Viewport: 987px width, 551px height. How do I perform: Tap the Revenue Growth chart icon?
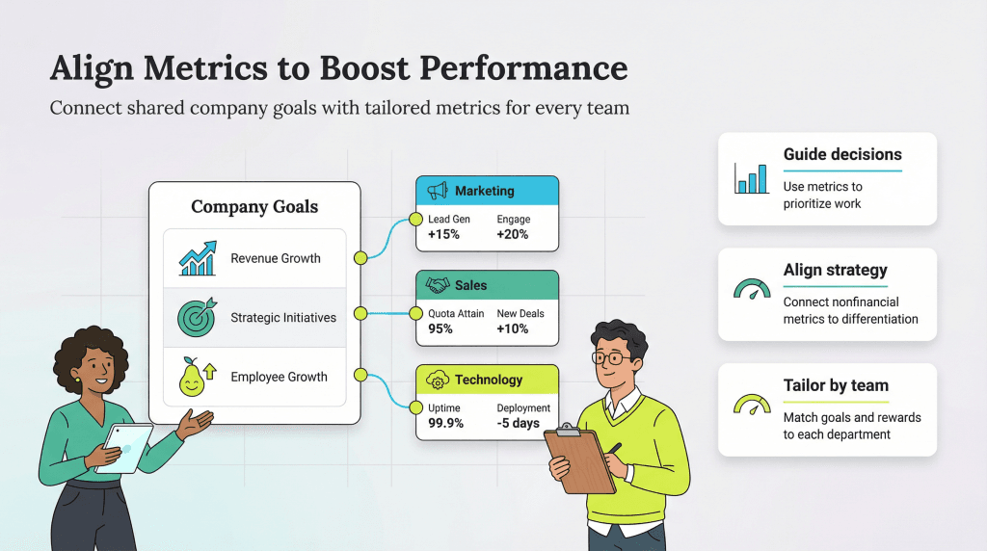197,258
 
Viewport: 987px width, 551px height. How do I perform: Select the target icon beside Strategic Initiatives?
197,317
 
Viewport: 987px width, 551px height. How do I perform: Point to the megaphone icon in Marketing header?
438,191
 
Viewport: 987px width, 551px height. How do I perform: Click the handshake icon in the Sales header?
439,285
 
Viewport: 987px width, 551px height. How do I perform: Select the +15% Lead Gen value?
443,234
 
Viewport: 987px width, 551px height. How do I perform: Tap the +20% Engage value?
512,234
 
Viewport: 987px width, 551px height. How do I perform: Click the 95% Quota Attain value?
440,328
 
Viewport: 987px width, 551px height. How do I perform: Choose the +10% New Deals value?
512,328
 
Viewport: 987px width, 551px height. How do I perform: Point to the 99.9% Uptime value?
445,423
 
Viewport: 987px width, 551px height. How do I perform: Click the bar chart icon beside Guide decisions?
752,178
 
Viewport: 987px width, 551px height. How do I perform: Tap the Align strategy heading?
835,270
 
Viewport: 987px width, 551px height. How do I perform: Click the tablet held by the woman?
128,447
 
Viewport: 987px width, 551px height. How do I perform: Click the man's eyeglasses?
611,358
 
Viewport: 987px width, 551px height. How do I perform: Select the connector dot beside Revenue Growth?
360,258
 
